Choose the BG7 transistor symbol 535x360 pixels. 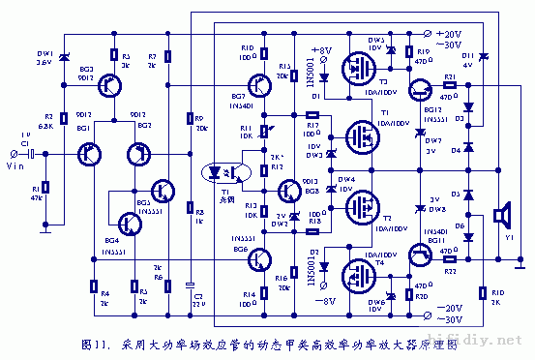point(259,88)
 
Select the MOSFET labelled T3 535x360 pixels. point(366,67)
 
